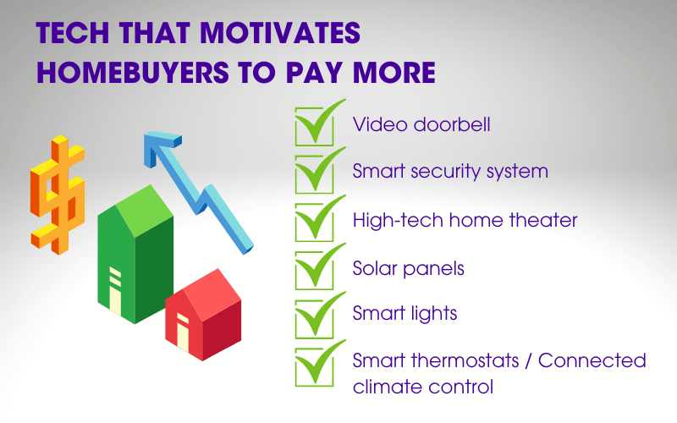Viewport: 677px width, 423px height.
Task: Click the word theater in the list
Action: [545, 220]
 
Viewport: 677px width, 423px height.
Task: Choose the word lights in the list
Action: [433, 313]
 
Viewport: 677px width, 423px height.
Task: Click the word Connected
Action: [592, 361]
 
